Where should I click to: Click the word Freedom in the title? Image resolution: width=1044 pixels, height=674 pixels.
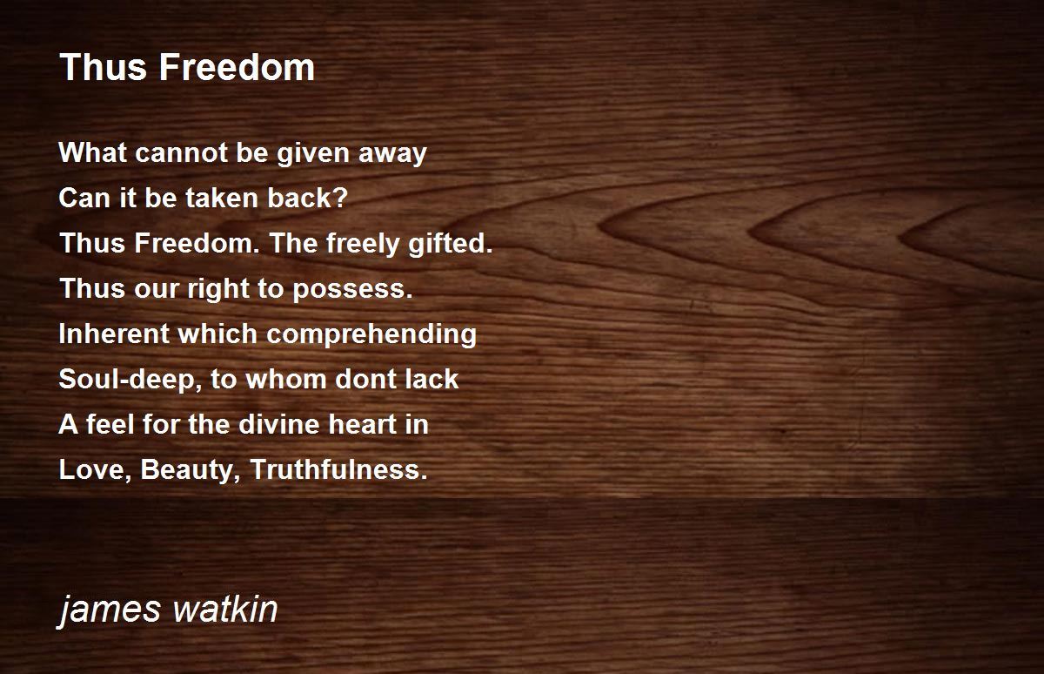pyautogui.click(x=237, y=67)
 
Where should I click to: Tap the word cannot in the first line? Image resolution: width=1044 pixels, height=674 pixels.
pyautogui.click(x=181, y=152)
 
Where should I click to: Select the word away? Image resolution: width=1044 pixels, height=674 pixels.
pyautogui.click(x=392, y=154)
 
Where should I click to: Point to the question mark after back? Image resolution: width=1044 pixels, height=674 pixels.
pyautogui.click(x=340, y=198)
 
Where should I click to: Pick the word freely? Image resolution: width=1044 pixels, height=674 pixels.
pyautogui.click(x=362, y=245)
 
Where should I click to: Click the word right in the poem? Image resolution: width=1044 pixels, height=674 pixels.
pyautogui.click(x=217, y=289)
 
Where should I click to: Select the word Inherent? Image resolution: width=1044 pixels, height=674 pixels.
pyautogui.click(x=111, y=334)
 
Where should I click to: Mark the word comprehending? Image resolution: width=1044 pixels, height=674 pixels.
pyautogui.click(x=371, y=335)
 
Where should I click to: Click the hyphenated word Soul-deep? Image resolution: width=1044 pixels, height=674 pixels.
pyautogui.click(x=129, y=380)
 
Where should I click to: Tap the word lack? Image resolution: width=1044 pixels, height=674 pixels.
pyautogui.click(x=432, y=379)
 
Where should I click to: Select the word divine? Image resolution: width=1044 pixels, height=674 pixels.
pyautogui.click(x=278, y=424)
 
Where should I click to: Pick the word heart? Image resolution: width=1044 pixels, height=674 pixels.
pyautogui.click(x=362, y=424)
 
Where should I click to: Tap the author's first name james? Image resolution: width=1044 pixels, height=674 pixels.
pyautogui.click(x=109, y=610)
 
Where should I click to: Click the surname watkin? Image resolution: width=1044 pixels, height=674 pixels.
pyautogui.click(x=225, y=608)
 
